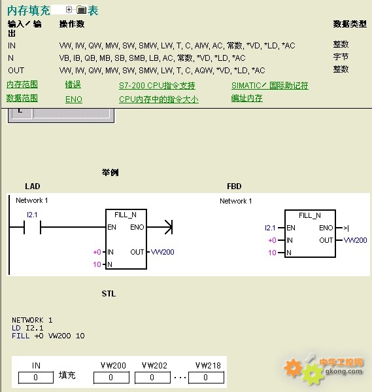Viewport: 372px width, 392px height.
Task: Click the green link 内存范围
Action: (x=22, y=84)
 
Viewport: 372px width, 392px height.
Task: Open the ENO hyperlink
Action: (x=74, y=99)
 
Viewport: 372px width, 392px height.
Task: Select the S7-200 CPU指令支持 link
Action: (x=157, y=86)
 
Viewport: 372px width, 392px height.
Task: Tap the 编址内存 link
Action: (x=247, y=98)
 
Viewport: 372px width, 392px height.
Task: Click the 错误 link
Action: (x=73, y=84)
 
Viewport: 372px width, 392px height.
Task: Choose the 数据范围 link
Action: (x=22, y=98)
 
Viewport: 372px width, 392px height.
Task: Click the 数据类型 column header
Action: (x=350, y=24)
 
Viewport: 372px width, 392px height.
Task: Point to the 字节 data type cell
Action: (x=341, y=57)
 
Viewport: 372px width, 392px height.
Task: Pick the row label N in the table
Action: (x=10, y=58)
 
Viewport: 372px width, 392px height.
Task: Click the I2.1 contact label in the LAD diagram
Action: (x=32, y=215)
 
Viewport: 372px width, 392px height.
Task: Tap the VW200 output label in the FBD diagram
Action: (x=355, y=240)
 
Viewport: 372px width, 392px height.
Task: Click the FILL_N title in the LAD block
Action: (x=126, y=215)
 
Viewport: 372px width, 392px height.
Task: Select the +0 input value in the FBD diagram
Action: (x=272, y=240)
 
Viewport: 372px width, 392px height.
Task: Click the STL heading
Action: (x=109, y=293)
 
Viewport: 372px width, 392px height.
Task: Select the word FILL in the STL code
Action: (x=20, y=336)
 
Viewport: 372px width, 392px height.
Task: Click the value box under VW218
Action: (x=206, y=378)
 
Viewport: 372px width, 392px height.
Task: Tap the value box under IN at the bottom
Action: (x=36, y=378)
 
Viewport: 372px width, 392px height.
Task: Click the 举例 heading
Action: (x=110, y=173)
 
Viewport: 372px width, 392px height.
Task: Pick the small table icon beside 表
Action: (x=81, y=10)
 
